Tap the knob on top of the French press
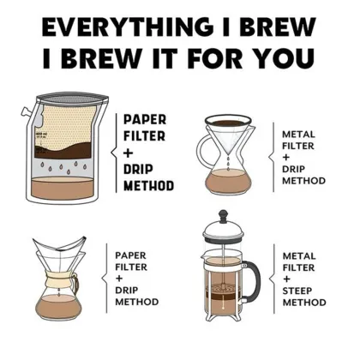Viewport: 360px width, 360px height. click(225, 213)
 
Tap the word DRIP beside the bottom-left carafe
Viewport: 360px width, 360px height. click(129, 290)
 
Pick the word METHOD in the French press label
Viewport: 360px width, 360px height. click(304, 303)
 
